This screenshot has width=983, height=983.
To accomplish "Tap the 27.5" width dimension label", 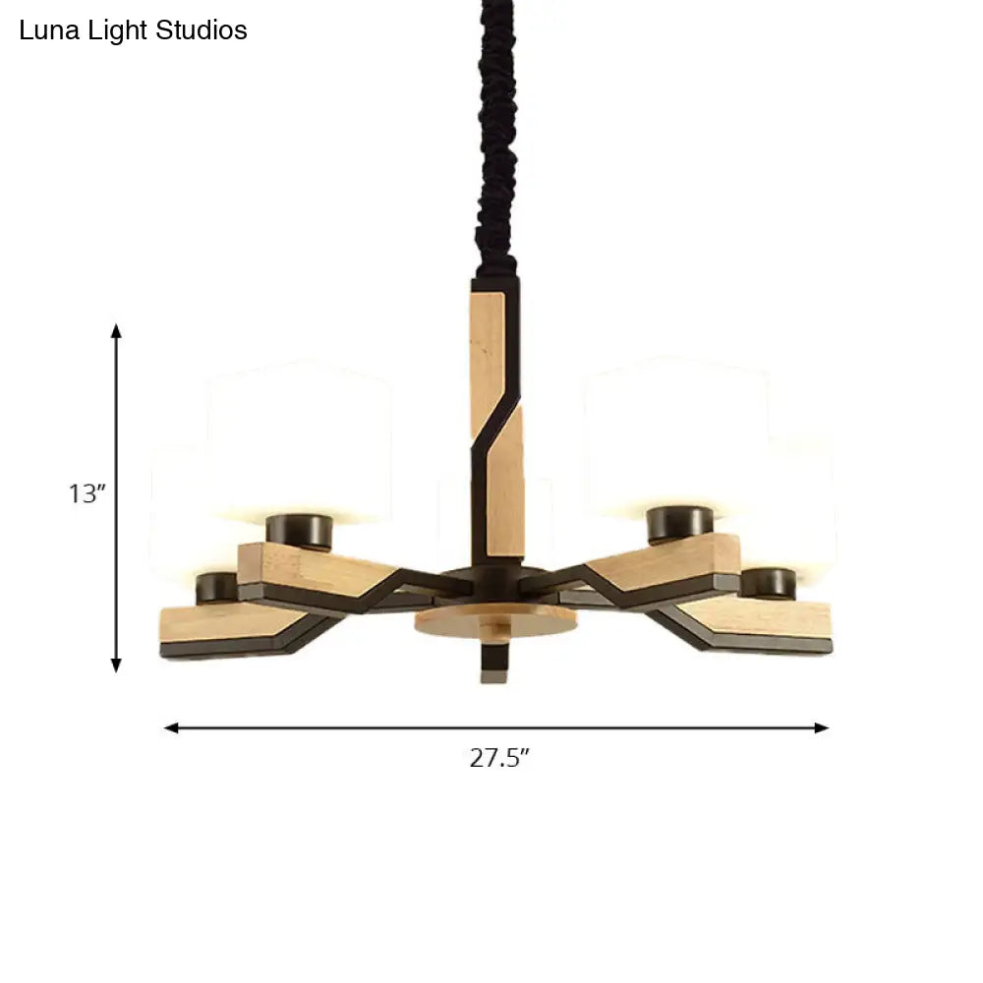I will [x=498, y=758].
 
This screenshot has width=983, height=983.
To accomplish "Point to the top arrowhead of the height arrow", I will [x=116, y=330].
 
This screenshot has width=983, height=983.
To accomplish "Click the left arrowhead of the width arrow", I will [x=171, y=728].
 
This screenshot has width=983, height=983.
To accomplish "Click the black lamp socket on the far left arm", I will [x=216, y=588].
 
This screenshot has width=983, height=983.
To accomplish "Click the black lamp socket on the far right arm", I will [x=768, y=583].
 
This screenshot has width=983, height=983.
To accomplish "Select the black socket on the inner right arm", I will [x=679, y=523].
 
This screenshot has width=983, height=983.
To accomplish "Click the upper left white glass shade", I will [x=300, y=433].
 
